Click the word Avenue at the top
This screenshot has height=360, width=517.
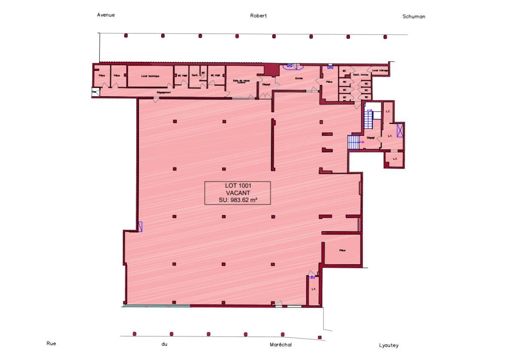[106, 15]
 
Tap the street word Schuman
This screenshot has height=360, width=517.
[414, 17]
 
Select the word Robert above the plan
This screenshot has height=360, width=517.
[258, 16]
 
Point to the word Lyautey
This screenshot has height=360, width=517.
[389, 345]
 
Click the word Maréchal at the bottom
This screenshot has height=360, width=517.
[280, 345]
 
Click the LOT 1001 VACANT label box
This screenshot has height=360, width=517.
[237, 193]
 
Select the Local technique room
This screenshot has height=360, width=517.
[150, 76]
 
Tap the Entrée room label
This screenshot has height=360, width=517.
[299, 78]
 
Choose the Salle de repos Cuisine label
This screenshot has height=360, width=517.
[241, 81]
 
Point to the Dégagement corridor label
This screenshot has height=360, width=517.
[164, 92]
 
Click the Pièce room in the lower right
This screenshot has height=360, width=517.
[343, 251]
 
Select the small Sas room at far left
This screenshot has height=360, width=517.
[95, 92]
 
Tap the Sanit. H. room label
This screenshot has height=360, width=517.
[194, 75]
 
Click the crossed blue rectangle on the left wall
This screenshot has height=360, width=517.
[140, 227]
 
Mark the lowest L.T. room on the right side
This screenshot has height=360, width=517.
[395, 159]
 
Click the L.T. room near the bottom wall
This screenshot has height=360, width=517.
[313, 289]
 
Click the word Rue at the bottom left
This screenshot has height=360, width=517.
[51, 343]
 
